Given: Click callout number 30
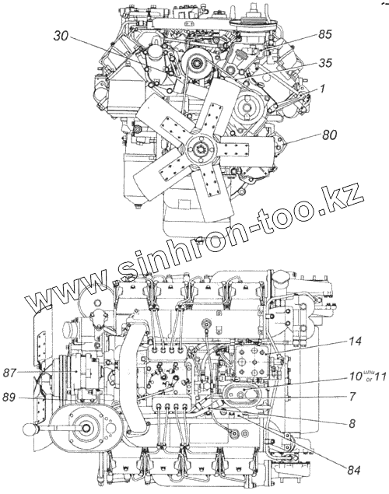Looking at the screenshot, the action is pyautogui.click(x=61, y=37).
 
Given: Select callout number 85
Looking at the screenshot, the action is pyautogui.click(x=324, y=34).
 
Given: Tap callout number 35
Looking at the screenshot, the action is pyautogui.click(x=324, y=63).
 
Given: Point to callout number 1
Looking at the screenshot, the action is pyautogui.click(x=321, y=89).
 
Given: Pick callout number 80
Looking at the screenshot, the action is pyautogui.click(x=329, y=135).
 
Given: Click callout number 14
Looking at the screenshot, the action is pyautogui.click(x=354, y=342).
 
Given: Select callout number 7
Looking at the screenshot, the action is pyautogui.click(x=352, y=397).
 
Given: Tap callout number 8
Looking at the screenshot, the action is pyautogui.click(x=352, y=423).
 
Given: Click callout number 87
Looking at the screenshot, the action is pyautogui.click(x=9, y=373).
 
